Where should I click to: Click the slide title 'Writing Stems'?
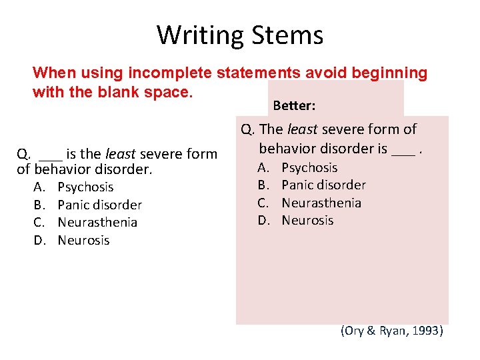(x=240, y=35)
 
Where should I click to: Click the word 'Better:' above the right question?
(x=294, y=106)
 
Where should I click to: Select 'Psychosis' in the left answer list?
(x=85, y=187)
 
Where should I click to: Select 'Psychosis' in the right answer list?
(x=309, y=167)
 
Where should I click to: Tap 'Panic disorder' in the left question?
(x=99, y=205)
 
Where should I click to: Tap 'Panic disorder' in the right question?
(x=323, y=185)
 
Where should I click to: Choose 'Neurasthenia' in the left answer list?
(x=97, y=222)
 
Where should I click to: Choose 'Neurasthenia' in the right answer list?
(x=321, y=203)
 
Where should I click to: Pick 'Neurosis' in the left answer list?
(x=83, y=240)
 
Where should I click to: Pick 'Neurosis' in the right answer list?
(x=307, y=220)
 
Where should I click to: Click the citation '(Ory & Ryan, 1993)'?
(x=391, y=331)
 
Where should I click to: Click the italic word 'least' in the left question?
(x=121, y=154)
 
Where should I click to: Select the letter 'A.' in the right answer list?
(x=264, y=167)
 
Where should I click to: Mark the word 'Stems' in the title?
(x=292, y=35)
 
